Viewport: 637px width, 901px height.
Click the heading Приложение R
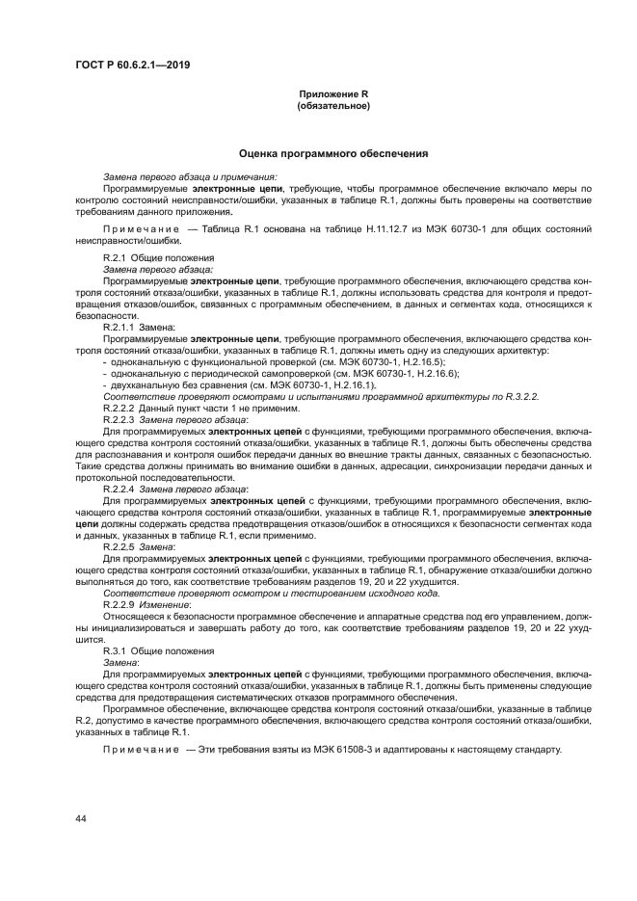tap(333, 94)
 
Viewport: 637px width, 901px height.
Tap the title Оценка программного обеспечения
tap(333, 153)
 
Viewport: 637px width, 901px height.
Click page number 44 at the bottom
tap(81, 818)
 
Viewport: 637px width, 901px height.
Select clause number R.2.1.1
tap(120, 329)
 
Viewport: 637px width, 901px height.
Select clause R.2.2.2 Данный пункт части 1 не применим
tap(200, 409)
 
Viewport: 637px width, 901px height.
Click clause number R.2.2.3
tap(120, 420)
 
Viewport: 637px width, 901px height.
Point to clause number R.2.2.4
tap(120, 489)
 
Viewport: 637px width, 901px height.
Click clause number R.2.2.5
tap(120, 545)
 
